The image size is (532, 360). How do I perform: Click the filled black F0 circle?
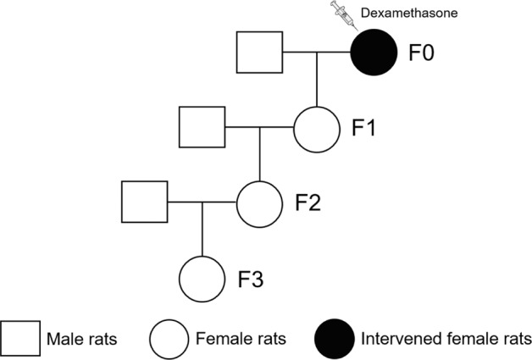pyautogui.click(x=374, y=53)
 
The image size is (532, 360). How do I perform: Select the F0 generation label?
pyautogui.click(x=421, y=54)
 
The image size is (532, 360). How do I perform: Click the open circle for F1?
pyautogui.click(x=316, y=128)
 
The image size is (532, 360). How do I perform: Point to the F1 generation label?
pyautogui.click(x=363, y=129)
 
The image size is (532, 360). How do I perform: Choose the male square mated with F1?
pyautogui.click(x=202, y=128)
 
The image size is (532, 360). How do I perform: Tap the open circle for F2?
pyautogui.click(x=259, y=202)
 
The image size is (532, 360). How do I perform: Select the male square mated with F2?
pyautogui.click(x=144, y=202)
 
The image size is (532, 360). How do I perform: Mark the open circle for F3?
pyautogui.click(x=202, y=277)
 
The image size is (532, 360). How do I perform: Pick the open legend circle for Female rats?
pyautogui.click(x=170, y=339)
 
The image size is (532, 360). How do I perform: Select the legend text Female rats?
pyautogui.click(x=239, y=340)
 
